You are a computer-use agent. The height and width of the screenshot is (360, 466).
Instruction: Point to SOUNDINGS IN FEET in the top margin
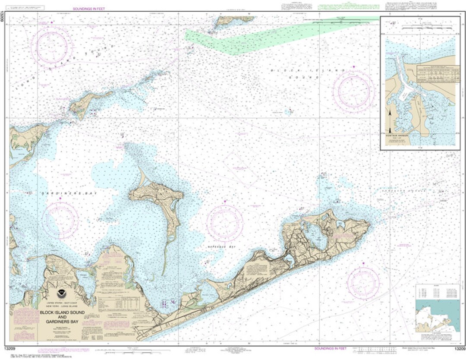(x=89, y=9)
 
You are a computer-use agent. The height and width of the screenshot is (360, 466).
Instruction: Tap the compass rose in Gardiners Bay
(x=60, y=220)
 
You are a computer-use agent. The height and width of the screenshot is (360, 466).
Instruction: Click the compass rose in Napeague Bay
(x=224, y=223)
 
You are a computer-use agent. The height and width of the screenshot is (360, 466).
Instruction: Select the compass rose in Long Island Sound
(x=52, y=47)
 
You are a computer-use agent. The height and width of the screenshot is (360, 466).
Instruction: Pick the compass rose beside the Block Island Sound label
(x=353, y=91)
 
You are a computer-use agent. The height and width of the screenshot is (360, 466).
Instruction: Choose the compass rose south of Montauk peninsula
(x=363, y=283)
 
